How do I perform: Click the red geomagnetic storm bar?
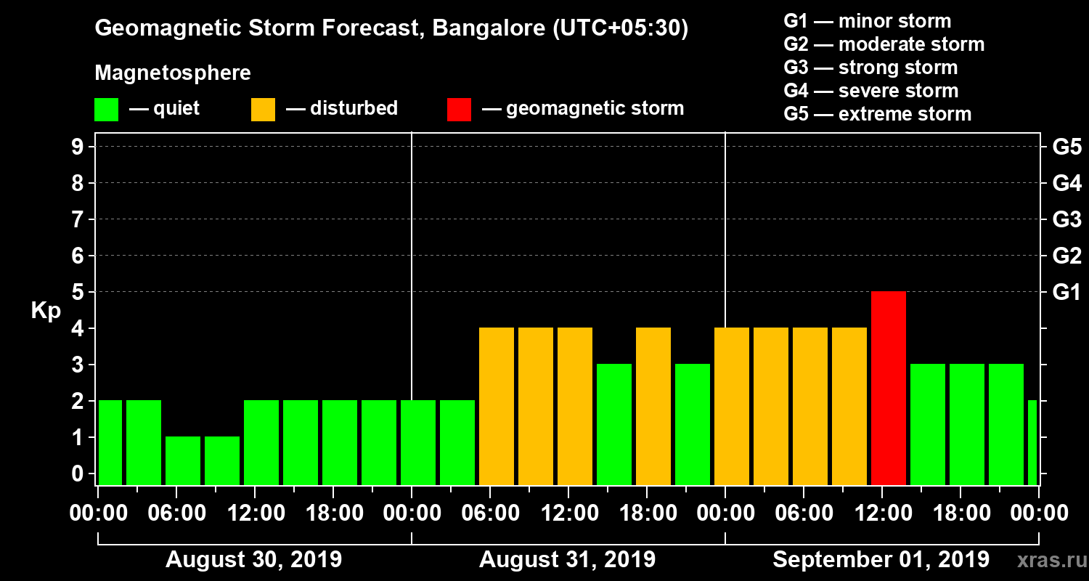click(x=889, y=388)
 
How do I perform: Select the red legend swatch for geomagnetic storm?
click(x=459, y=110)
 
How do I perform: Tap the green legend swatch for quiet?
click(x=106, y=110)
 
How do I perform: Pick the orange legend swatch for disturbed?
click(x=263, y=110)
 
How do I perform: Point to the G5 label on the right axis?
click(x=1066, y=147)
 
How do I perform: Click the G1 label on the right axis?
click(x=1066, y=293)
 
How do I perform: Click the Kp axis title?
click(x=46, y=311)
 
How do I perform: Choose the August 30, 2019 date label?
click(x=254, y=560)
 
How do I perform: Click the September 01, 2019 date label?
click(x=881, y=560)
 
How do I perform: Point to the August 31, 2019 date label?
click(x=567, y=560)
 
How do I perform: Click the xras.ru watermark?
click(x=1046, y=560)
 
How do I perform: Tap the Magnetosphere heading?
click(x=173, y=73)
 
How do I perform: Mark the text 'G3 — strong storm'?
click(x=870, y=68)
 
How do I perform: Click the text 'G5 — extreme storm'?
click(x=877, y=114)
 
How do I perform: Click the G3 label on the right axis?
click(x=1066, y=220)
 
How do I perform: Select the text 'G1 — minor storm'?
click(x=867, y=21)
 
